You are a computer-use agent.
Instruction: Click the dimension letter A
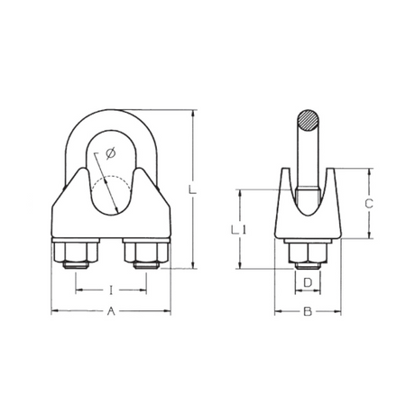point(111,311)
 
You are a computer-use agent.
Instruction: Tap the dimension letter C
point(368,204)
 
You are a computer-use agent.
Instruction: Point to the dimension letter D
point(307,283)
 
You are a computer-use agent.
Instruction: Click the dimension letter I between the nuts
point(111,290)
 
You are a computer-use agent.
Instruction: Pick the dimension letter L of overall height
point(192,189)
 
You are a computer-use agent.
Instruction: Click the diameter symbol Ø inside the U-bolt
point(109,154)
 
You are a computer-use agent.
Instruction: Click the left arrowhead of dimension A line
point(52,311)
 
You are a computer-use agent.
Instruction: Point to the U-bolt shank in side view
point(307,162)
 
